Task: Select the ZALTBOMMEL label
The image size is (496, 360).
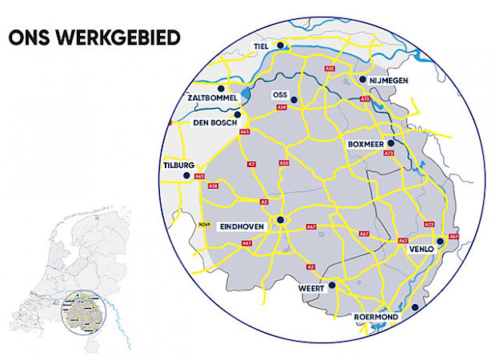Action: click(210, 98)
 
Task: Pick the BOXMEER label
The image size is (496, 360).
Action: click(367, 143)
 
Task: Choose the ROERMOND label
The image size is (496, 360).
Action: click(375, 318)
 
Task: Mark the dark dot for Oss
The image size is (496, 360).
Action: click(294, 100)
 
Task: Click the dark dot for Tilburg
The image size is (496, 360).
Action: click(187, 175)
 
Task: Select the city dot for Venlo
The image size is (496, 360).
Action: click(439, 240)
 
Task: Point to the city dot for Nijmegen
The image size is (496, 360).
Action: click(362, 80)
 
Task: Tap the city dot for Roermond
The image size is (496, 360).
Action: click(414, 307)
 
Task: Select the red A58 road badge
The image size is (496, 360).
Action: click(213, 186)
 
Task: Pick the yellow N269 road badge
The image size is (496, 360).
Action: click(203, 226)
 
